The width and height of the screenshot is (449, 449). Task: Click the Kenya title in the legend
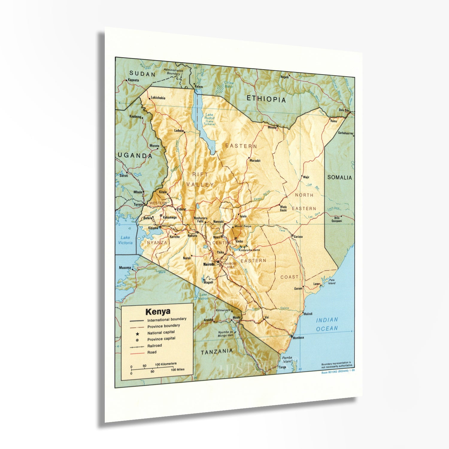click(x=158, y=312)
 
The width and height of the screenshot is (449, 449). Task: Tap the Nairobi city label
click(x=209, y=264)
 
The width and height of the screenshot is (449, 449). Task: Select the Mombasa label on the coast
click(x=298, y=338)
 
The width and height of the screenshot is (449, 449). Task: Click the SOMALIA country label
click(x=339, y=178)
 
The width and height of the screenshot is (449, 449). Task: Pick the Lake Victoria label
click(x=125, y=240)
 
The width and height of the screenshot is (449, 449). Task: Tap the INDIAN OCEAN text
click(x=327, y=324)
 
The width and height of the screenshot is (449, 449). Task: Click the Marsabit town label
click(x=255, y=161)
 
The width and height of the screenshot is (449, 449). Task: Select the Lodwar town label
click(x=179, y=131)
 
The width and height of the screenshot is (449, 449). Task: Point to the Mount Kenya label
click(x=243, y=226)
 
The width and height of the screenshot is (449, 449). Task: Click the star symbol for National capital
click(x=137, y=333)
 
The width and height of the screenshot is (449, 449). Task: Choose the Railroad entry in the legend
click(x=154, y=346)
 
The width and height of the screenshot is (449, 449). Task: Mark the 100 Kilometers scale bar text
click(x=166, y=364)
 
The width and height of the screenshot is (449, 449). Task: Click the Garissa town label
click(x=298, y=237)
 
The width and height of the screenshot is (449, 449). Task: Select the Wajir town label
click(x=306, y=177)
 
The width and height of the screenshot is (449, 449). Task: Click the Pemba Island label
click(x=287, y=359)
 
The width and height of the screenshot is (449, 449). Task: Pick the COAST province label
click(x=289, y=277)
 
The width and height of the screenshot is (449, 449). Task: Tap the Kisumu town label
click(x=153, y=228)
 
